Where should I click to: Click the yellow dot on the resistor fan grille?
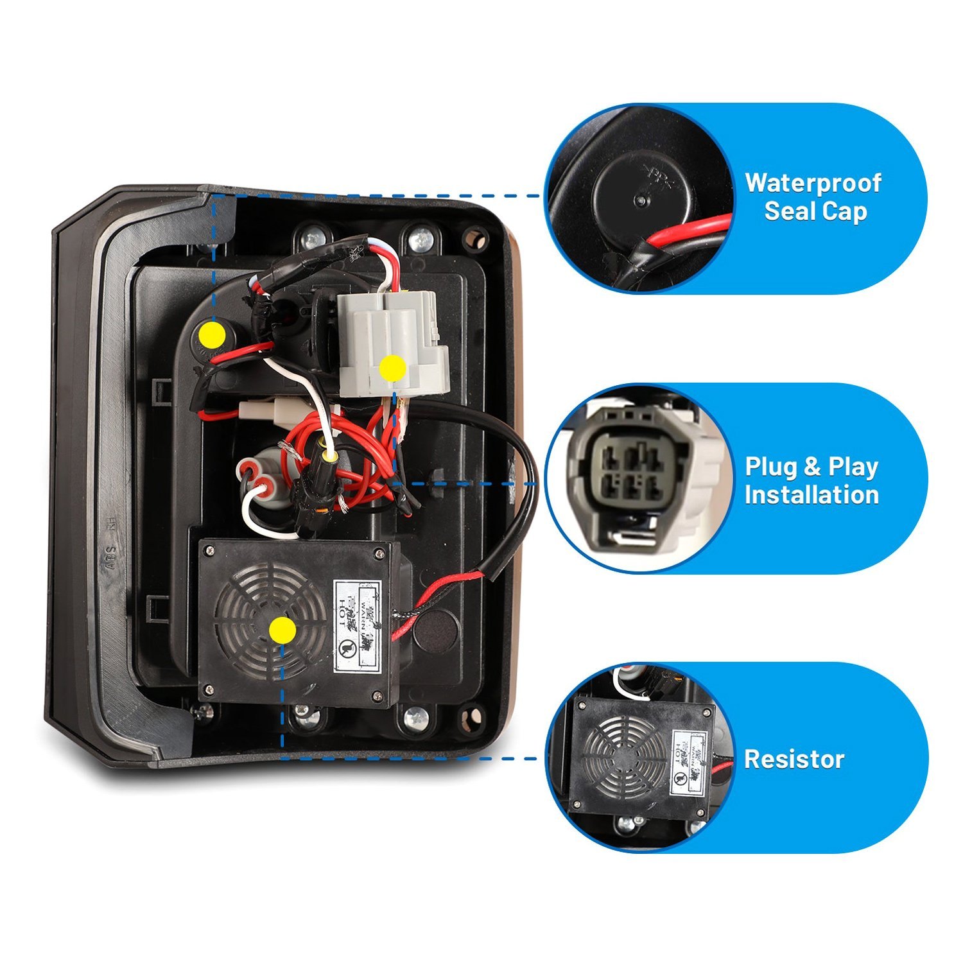(x=282, y=630)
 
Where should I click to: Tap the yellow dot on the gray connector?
(x=392, y=369)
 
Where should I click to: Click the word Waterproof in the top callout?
(x=813, y=183)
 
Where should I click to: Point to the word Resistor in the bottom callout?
(x=794, y=759)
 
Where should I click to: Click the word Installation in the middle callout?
(x=811, y=495)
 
